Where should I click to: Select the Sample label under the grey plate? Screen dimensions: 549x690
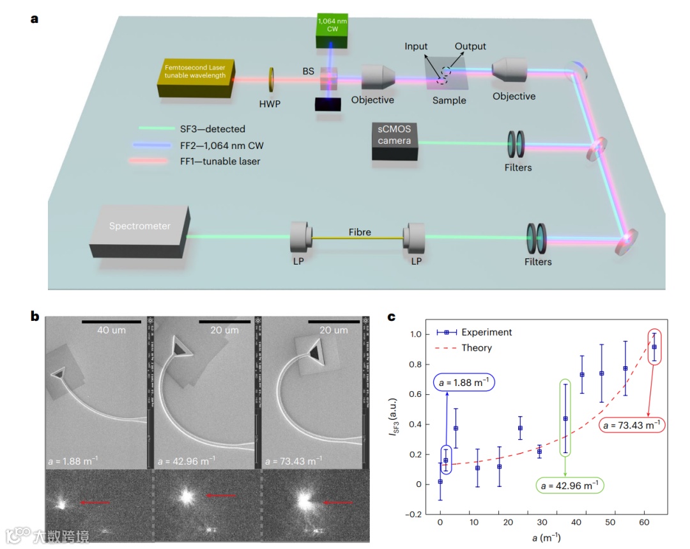[x=449, y=100]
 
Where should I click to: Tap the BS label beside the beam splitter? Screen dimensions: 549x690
[x=309, y=72]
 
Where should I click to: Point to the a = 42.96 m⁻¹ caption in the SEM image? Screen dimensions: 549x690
[x=192, y=460]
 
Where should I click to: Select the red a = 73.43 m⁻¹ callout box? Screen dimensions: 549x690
[x=629, y=425]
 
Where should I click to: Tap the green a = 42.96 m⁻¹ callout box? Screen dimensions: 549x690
[x=570, y=485]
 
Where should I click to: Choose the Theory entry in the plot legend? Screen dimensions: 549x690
[x=476, y=348]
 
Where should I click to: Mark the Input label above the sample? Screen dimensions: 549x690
[x=416, y=47]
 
